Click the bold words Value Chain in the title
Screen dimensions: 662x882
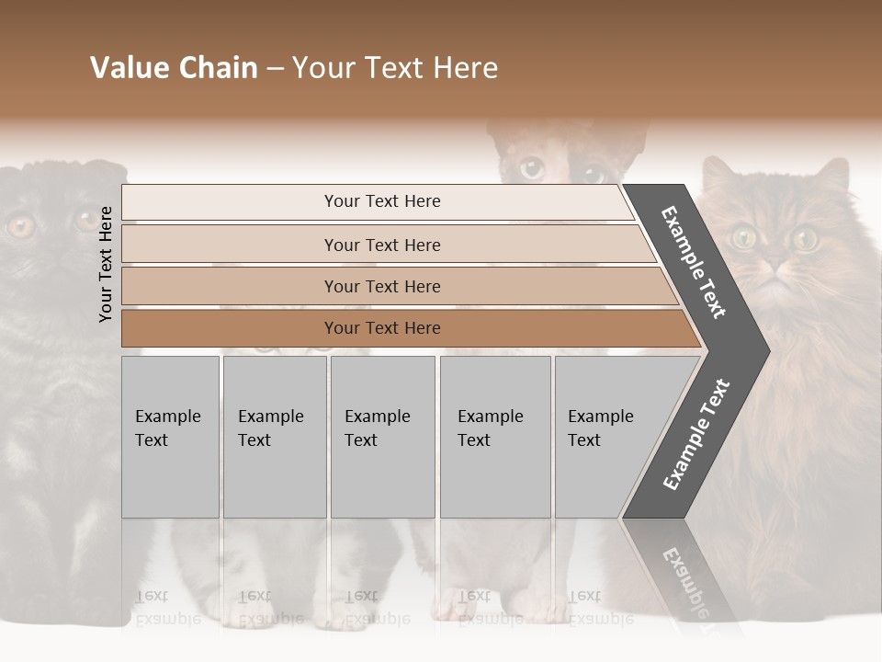[174, 68]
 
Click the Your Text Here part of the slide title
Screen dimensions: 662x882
[395, 68]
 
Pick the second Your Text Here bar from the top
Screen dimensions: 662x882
[381, 245]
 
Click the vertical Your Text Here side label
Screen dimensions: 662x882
[106, 264]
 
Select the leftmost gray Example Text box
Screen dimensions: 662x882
[170, 437]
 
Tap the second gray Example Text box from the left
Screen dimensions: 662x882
[274, 437]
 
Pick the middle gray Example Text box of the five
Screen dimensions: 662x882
[382, 437]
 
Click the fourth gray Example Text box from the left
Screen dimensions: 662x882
[494, 437]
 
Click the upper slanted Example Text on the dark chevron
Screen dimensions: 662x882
[694, 262]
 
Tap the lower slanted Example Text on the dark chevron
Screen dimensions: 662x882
[696, 435]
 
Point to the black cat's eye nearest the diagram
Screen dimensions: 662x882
[87, 220]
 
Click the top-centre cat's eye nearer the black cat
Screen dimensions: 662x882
[531, 168]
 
